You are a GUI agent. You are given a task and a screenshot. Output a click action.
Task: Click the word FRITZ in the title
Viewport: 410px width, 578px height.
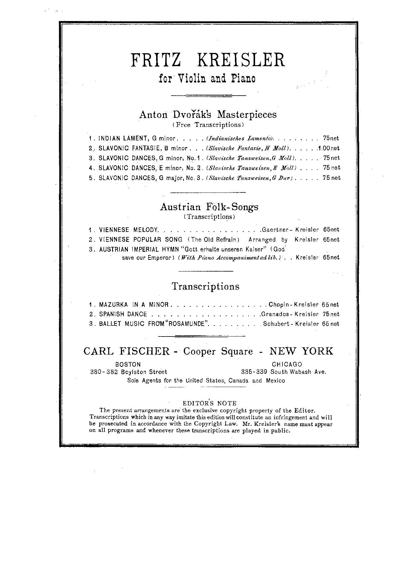(x=156, y=60)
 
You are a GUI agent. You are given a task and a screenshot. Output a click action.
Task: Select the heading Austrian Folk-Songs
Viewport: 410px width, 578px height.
(x=209, y=207)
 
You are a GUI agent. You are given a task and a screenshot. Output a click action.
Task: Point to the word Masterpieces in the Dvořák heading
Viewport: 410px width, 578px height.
(x=247, y=115)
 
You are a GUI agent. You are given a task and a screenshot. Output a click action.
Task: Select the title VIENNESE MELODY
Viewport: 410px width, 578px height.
(x=129, y=230)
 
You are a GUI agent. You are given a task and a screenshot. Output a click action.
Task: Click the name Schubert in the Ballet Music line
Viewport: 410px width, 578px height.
(x=277, y=324)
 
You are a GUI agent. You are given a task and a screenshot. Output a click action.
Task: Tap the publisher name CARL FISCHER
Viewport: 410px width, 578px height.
(x=127, y=351)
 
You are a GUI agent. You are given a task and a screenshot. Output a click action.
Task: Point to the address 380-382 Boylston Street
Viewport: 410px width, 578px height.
(x=128, y=372)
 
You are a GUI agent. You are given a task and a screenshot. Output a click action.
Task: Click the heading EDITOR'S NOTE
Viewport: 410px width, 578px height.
(x=209, y=404)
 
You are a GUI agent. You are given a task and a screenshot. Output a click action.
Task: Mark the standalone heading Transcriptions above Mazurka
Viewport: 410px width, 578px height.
(x=205, y=286)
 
